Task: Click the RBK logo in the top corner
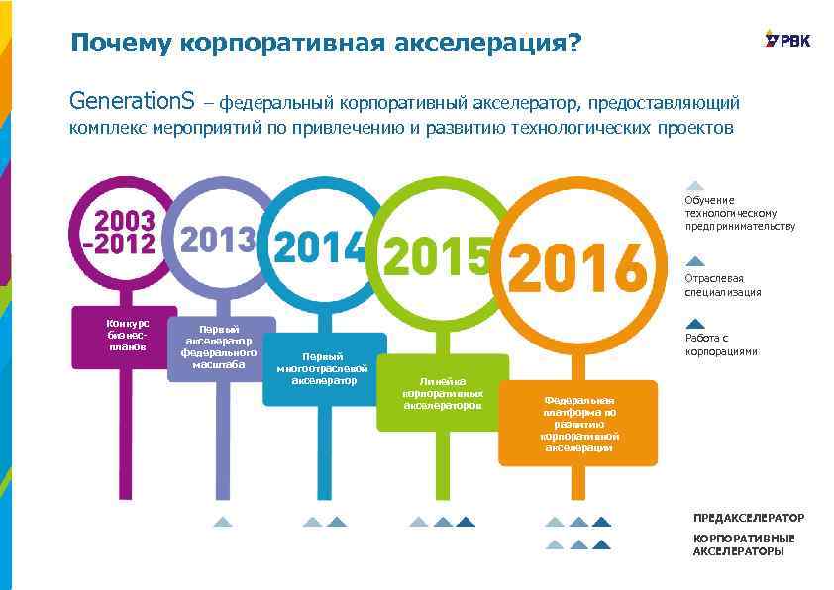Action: (786, 39)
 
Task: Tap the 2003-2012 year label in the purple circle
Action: (125, 233)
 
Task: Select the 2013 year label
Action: (218, 240)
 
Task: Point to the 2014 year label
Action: (319, 247)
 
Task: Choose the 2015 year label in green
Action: (436, 256)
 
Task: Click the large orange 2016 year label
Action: (575, 267)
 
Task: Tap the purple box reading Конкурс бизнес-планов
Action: (129, 336)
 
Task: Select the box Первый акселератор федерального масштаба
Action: (221, 346)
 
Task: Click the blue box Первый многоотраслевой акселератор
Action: (324, 368)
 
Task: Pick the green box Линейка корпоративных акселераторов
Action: (443, 393)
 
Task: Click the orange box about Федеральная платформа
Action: (578, 424)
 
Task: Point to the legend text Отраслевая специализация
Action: (723, 285)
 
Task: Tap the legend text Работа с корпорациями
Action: (721, 344)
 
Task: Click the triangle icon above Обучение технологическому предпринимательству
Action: (695, 185)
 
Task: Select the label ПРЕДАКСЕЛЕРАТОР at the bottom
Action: (748, 518)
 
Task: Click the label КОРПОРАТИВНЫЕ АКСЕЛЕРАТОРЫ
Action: (743, 544)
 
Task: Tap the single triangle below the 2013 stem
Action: (223, 522)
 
